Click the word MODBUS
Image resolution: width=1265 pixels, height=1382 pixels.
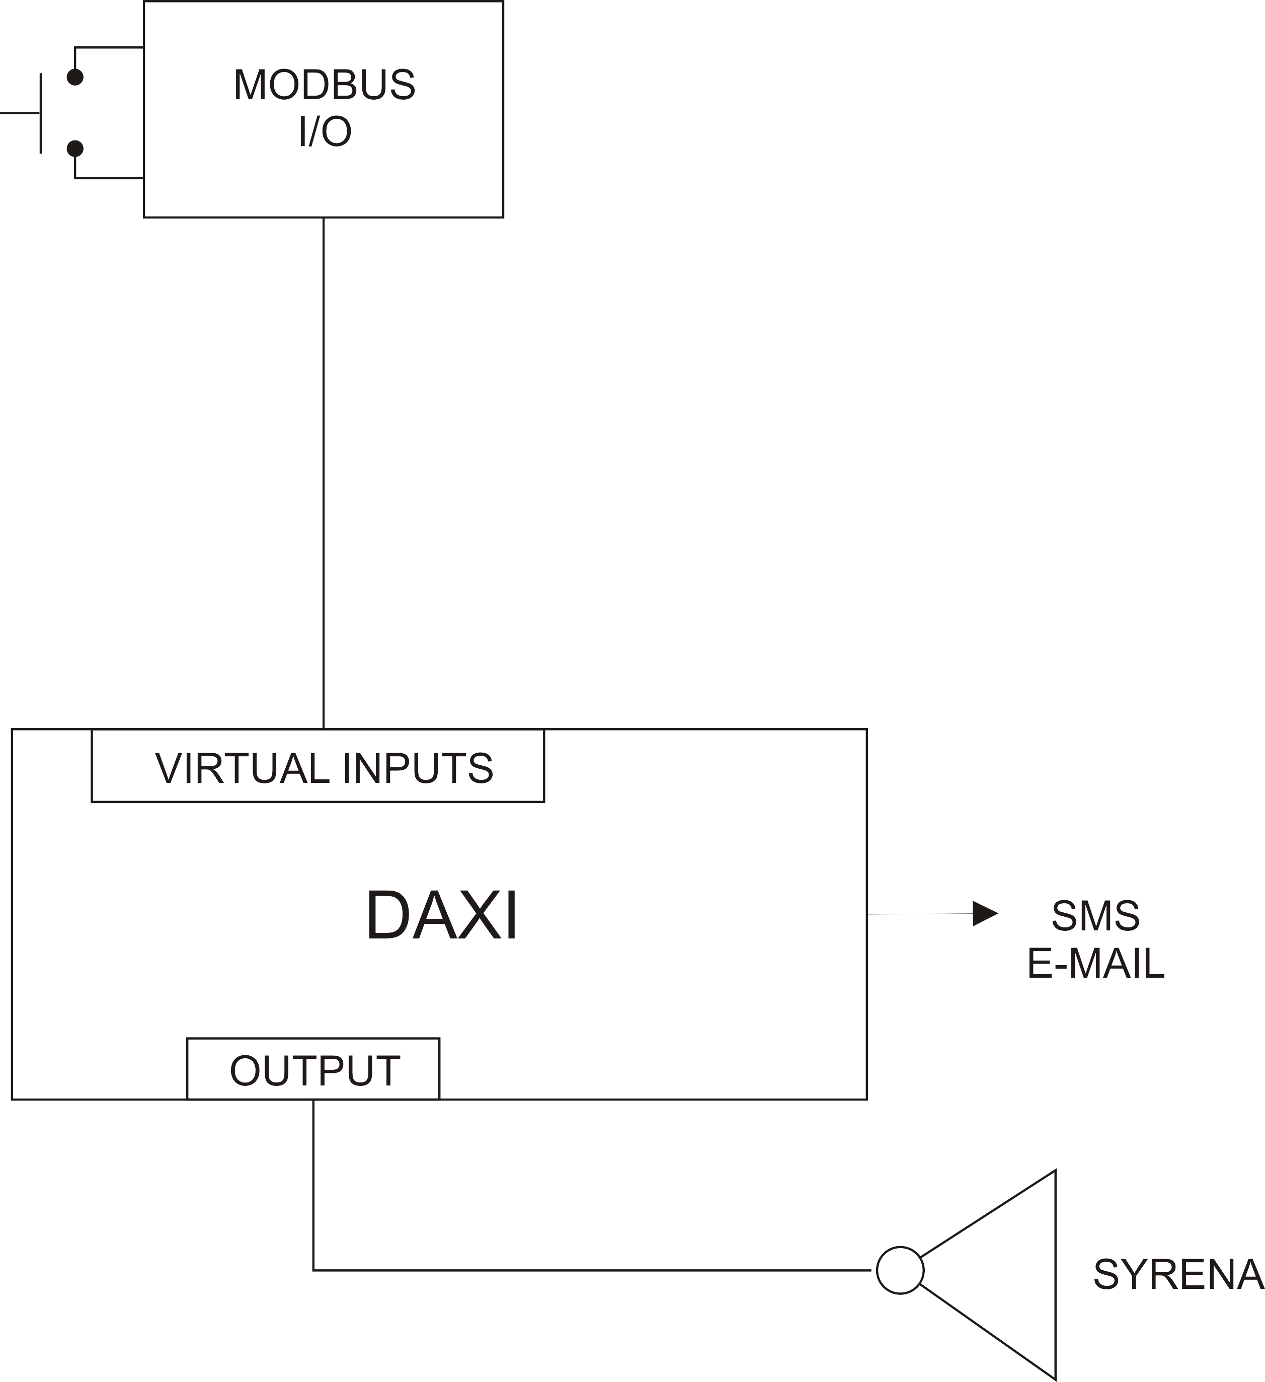[324, 85]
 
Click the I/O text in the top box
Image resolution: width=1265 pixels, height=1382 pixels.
[325, 131]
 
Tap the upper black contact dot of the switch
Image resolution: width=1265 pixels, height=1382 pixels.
[74, 77]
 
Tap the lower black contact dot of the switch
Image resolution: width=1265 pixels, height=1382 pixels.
[74, 149]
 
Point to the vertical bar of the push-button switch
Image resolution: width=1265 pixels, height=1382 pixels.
[40, 113]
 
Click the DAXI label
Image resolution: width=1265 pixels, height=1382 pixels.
[442, 916]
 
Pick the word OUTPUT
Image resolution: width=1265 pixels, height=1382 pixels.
[314, 1071]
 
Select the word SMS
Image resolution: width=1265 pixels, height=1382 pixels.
[1095, 916]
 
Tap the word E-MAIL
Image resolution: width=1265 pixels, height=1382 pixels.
[1095, 964]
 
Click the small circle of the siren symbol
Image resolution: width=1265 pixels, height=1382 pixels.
[900, 1270]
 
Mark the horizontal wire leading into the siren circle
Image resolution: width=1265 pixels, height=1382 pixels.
[589, 1270]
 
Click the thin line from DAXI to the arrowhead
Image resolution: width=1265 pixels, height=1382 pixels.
[918, 914]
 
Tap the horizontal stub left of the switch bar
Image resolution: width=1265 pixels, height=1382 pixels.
[20, 113]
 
